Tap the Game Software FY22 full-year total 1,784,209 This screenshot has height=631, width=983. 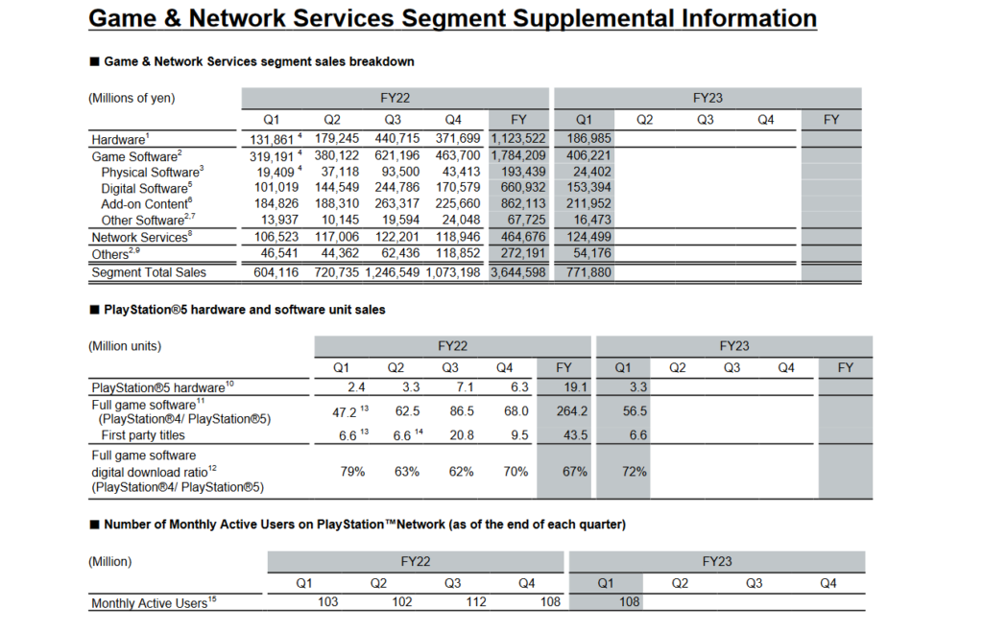[518, 155]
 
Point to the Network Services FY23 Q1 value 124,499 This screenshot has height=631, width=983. [583, 237]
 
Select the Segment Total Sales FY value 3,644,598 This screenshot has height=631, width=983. [518, 272]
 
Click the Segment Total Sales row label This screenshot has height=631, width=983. [149, 272]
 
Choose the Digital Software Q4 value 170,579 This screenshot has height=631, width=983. [452, 188]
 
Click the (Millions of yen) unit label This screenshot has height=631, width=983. [132, 98]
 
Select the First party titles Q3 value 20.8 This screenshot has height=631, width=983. [451, 435]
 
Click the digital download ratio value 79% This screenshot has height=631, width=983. [342, 472]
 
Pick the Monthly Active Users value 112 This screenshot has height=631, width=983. [452, 603]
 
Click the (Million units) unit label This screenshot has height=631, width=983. [125, 345]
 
